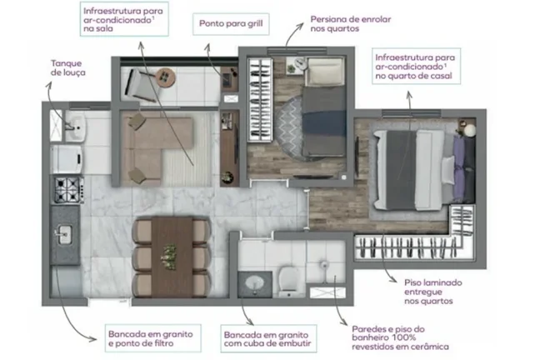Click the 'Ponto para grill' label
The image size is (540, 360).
(x=231, y=24)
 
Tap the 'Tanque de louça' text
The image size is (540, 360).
(x=67, y=67)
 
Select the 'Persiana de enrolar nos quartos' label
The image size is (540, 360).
(x=351, y=24)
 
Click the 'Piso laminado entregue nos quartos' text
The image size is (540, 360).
(x=432, y=292)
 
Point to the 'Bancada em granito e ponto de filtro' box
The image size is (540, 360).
(x=152, y=338)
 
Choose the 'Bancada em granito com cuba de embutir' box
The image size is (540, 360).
(x=268, y=338)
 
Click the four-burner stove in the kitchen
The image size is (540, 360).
(x=69, y=190)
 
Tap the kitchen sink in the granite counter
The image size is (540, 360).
(x=64, y=235)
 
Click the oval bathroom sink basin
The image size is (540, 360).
(x=255, y=283)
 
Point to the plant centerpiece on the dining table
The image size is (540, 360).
(x=169, y=257)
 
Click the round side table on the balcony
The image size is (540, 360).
(x=166, y=77)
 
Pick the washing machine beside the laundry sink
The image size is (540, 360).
(x=67, y=159)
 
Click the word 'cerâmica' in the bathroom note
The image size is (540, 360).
(x=429, y=347)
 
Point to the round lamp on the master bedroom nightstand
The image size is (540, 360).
(x=470, y=131)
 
